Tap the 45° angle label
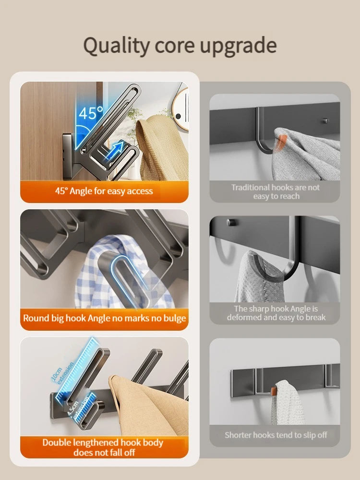coord(90,114)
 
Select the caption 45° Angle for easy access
coord(104,191)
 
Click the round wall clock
coord(182,110)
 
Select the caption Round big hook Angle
coord(104,318)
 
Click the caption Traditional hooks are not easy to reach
coord(275,192)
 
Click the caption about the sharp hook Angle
coord(276,313)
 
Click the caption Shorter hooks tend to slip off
coord(276,435)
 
